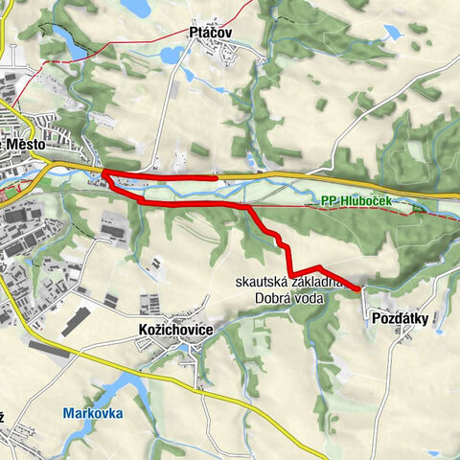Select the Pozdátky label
pyautogui.click(x=397, y=321)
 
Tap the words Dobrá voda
pyautogui.click(x=290, y=298)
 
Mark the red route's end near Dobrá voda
pyautogui.click(x=358, y=287)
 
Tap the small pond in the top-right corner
pyautogui.click(x=393, y=32)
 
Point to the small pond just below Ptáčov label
pyautogui.click(x=191, y=73)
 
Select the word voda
pyautogui.click(x=310, y=298)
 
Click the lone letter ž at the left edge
pyautogui.click(x=3, y=417)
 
